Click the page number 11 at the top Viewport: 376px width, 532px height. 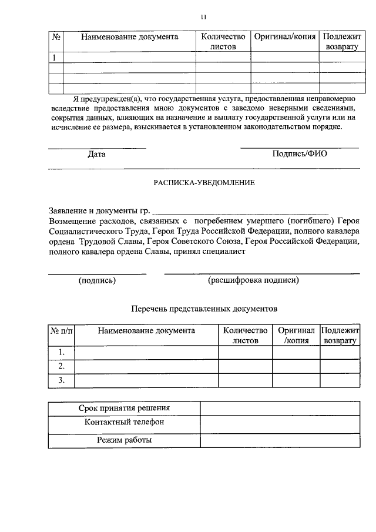(x=203, y=16)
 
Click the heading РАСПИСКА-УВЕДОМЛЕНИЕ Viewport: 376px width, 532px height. (x=204, y=183)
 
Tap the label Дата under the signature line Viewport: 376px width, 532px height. (x=96, y=155)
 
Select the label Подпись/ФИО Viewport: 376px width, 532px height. (x=300, y=154)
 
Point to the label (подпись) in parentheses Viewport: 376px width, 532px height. (x=97, y=280)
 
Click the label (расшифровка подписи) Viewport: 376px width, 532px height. (x=253, y=280)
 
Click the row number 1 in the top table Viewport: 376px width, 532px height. (x=55, y=58)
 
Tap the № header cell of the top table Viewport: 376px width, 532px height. (x=56, y=37)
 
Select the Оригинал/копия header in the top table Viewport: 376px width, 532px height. (x=285, y=37)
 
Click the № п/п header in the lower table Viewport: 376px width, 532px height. (x=62, y=331)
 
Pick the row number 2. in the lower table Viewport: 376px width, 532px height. (x=62, y=366)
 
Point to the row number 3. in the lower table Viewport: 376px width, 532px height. (x=62, y=380)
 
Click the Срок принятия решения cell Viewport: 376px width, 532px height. (x=124, y=409)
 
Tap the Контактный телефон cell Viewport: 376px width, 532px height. (x=124, y=423)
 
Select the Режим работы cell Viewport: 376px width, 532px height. (x=124, y=440)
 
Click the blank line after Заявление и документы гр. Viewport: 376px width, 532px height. (x=241, y=210)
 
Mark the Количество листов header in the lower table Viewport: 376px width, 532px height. (x=245, y=336)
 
